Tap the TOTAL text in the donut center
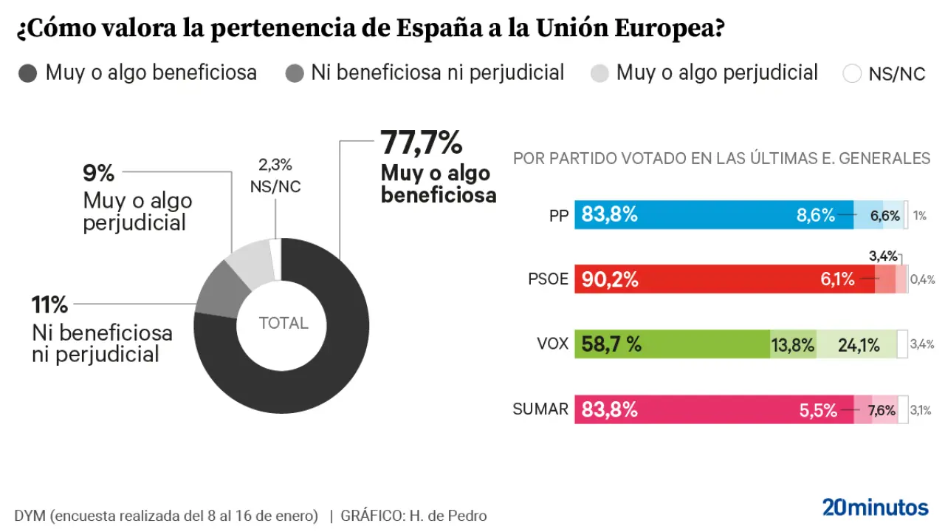[x=283, y=324]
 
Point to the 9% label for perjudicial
[x=99, y=174]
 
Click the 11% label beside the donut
[x=49, y=304]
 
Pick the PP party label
[x=558, y=216]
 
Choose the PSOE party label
[x=549, y=279]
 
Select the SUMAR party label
[x=540, y=409]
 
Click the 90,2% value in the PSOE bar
[x=610, y=279]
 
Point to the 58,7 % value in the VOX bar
[x=612, y=344]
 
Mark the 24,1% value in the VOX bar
[x=858, y=345]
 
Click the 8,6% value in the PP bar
[x=815, y=216]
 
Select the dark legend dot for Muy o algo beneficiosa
[x=28, y=73]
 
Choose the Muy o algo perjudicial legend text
[x=717, y=73]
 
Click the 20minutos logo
[x=875, y=508]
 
